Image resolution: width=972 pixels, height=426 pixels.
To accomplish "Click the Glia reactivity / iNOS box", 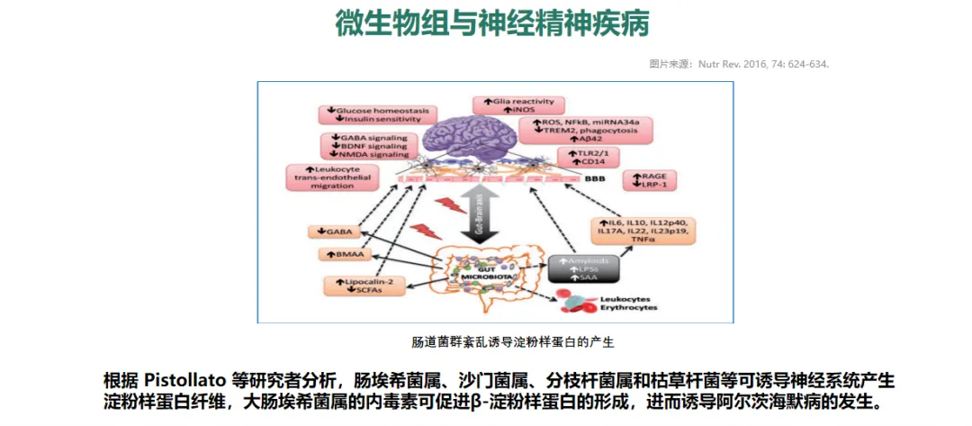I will coord(519,104).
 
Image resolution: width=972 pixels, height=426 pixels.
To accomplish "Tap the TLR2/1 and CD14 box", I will coord(589,159).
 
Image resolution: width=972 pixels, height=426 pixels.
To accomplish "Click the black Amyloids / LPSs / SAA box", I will coord(584,268).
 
